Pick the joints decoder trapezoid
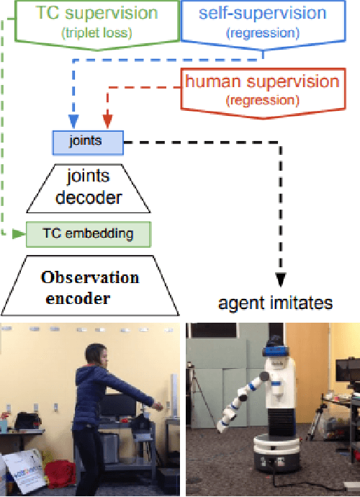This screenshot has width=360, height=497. (89, 187)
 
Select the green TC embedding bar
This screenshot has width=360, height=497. (89, 233)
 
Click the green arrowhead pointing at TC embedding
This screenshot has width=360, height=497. (20, 233)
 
